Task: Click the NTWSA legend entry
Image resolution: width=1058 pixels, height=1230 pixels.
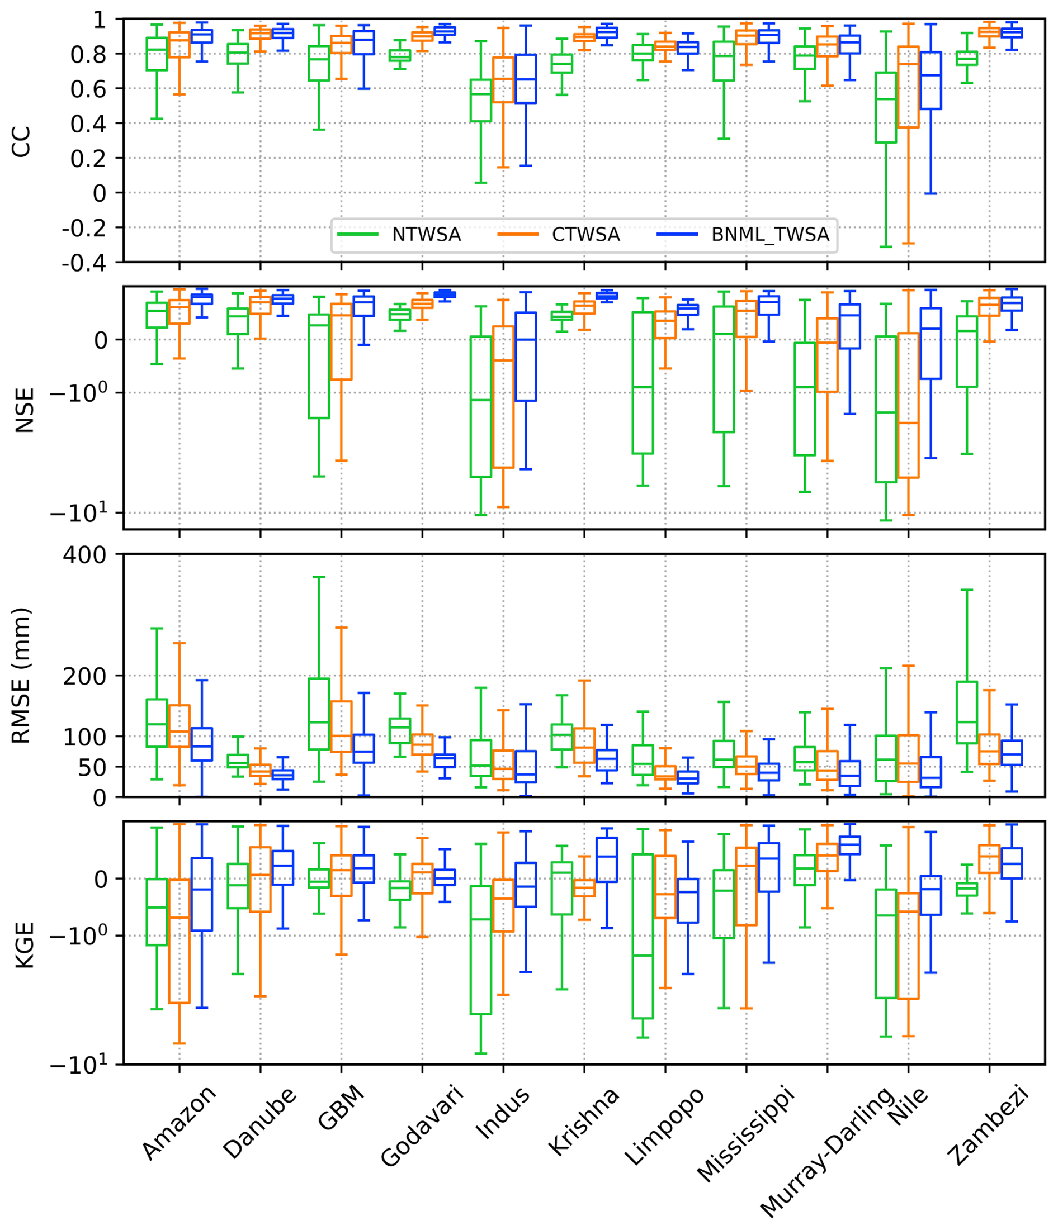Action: tap(426, 235)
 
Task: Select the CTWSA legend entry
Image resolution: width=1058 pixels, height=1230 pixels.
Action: tap(585, 235)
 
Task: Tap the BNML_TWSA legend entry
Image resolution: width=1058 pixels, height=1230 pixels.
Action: tap(770, 235)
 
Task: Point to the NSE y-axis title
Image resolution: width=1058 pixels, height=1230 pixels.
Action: tap(23, 410)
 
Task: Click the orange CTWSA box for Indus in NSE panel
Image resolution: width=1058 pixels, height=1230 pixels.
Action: tap(503, 397)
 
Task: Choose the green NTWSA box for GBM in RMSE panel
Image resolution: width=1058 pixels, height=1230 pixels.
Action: tap(318, 714)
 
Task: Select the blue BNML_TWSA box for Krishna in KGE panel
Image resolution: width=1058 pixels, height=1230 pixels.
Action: tap(607, 859)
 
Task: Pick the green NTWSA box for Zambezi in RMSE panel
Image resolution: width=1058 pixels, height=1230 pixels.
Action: tap(966, 713)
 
